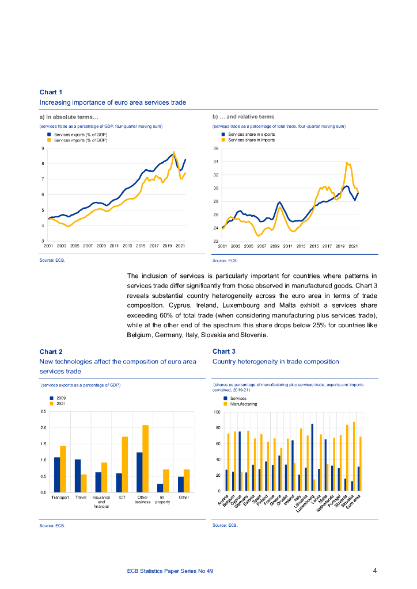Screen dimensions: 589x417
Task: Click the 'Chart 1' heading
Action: tap(51, 92)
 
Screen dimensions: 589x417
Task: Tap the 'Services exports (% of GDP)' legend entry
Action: tap(80, 134)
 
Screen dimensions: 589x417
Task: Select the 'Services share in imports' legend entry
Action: tap(251, 140)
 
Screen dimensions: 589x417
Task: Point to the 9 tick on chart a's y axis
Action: tap(42, 148)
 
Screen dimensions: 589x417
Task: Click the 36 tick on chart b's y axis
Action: tap(216, 148)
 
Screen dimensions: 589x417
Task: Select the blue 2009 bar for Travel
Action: tap(78, 476)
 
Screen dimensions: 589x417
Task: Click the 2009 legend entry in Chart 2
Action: tap(60, 398)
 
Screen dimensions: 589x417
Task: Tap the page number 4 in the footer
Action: tap(375, 571)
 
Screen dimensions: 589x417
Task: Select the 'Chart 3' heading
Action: tap(224, 351)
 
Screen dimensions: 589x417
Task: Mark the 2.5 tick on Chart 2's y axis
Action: tap(43, 412)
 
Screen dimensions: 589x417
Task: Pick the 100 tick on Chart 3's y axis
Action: tap(217, 412)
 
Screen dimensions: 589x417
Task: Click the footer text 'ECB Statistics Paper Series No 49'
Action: tap(170, 571)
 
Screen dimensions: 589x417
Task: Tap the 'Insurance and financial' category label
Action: tap(101, 501)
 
